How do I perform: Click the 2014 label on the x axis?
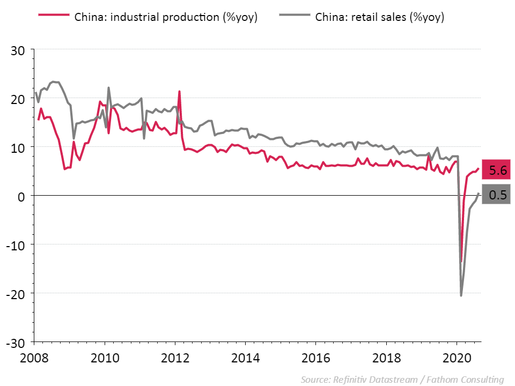click(245, 358)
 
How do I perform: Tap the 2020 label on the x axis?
click(457, 358)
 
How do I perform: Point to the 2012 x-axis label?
click(175, 358)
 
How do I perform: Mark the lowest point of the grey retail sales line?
click(461, 295)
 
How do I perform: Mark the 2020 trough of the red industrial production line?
click(461, 262)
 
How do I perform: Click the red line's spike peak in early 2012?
click(179, 91)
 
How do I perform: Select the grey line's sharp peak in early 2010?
click(108, 87)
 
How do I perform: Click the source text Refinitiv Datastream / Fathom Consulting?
click(402, 380)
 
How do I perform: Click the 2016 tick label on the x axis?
click(315, 358)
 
